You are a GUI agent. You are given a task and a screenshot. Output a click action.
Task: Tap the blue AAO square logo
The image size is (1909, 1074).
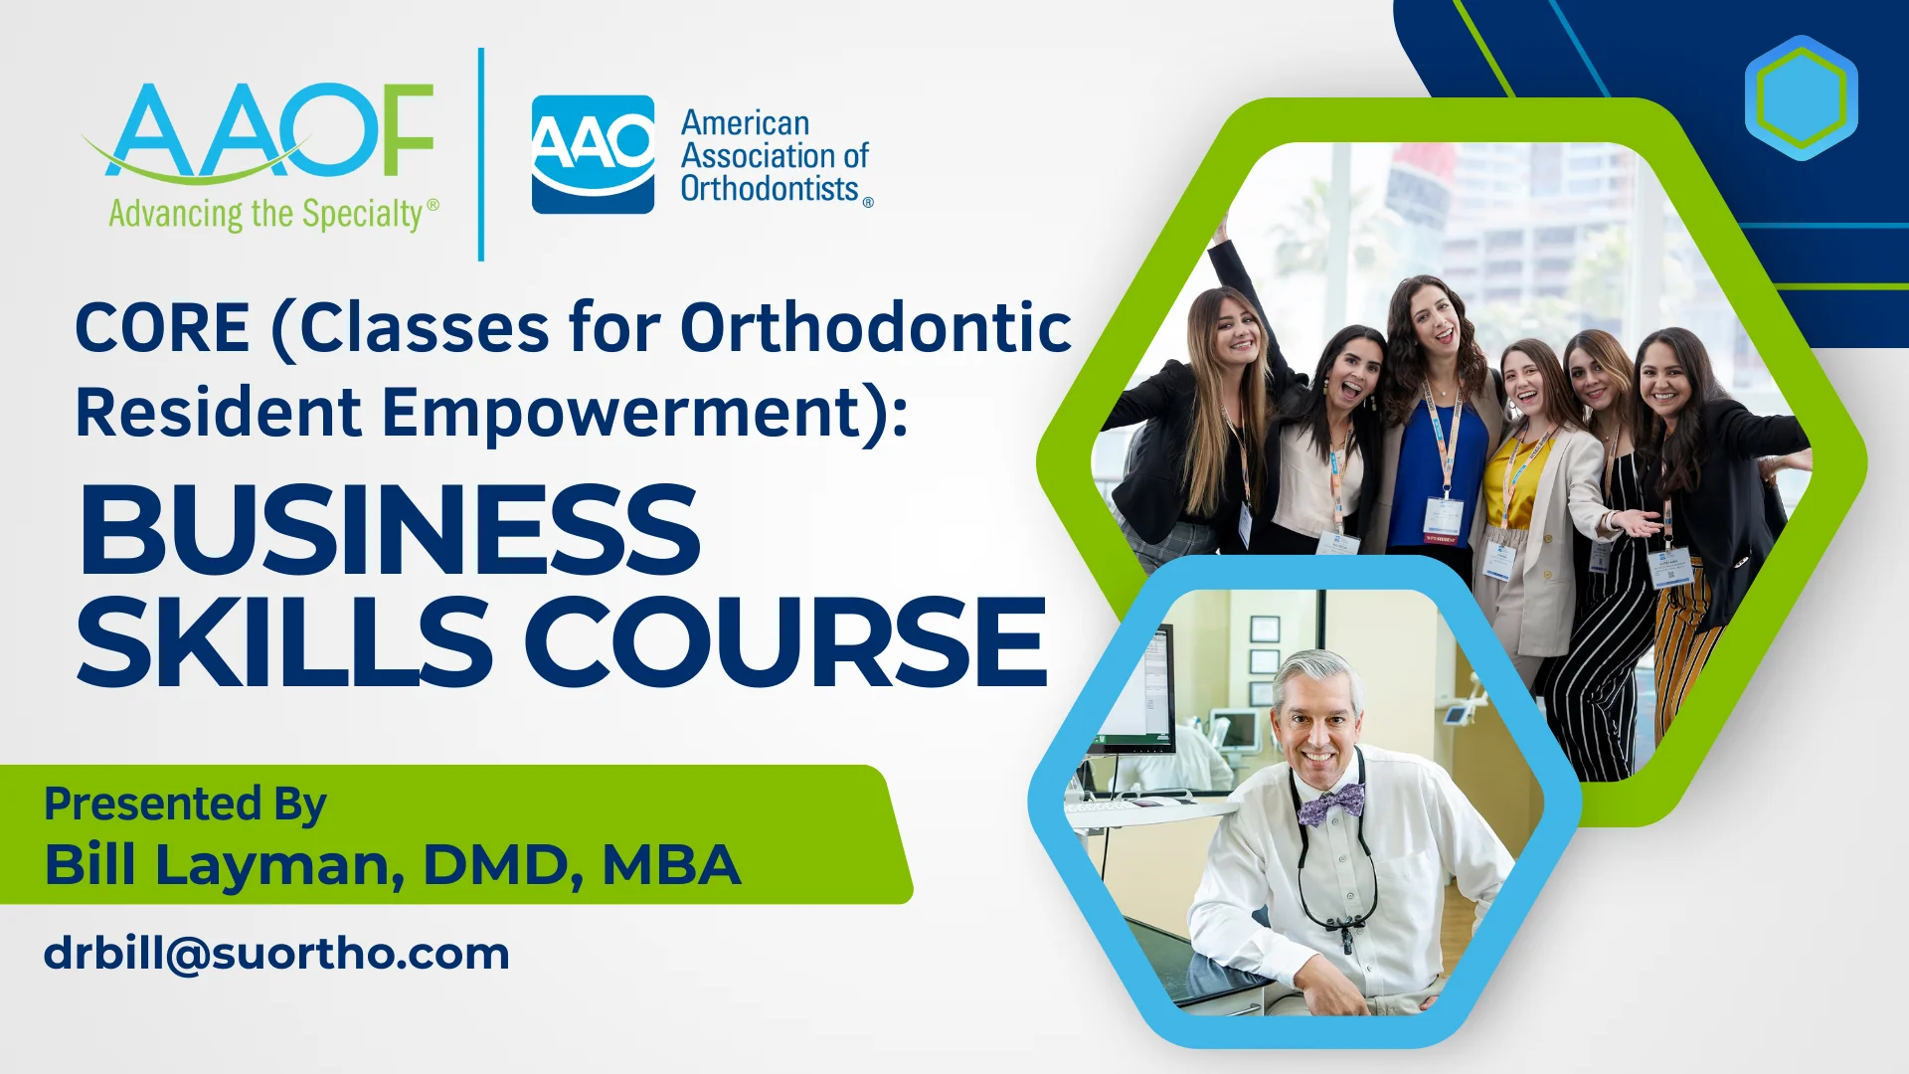point(593,154)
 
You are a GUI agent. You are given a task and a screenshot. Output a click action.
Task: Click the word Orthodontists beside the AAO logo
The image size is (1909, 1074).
point(770,188)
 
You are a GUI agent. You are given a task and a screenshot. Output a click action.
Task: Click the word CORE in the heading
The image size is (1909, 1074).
point(162,328)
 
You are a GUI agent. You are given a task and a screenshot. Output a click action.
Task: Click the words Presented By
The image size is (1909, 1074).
point(185,804)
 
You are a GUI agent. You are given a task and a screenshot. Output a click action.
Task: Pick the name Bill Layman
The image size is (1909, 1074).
point(223,865)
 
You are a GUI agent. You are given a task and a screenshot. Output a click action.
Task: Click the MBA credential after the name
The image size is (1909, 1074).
point(671,864)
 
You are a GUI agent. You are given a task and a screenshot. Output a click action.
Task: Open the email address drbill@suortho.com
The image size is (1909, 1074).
point(276,954)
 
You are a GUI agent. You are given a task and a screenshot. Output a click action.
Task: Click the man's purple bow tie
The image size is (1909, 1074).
point(1332,804)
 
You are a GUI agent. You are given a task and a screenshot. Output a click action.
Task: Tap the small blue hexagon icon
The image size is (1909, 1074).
point(1801,97)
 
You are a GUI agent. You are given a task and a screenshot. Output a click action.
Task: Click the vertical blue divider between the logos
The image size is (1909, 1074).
point(481,154)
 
